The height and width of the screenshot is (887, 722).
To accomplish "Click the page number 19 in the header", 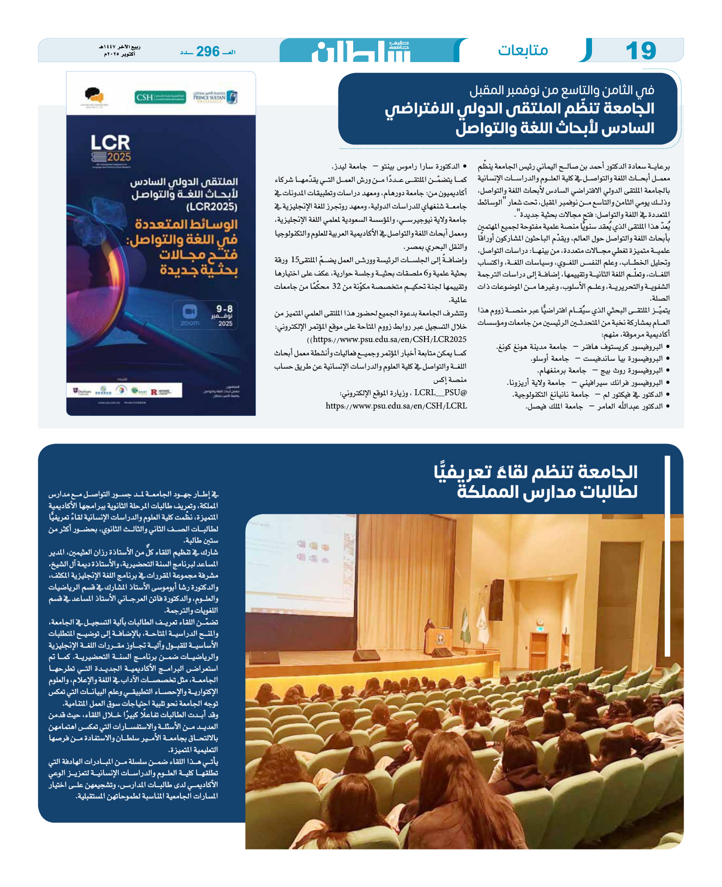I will pos(641,51).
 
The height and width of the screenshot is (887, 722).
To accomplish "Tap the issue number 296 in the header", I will pos(207,51).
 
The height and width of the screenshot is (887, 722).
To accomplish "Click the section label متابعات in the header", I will pos(523,50).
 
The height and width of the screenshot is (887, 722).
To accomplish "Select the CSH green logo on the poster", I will pos(161,97).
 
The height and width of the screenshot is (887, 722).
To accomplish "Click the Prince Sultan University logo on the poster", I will pos(215,97).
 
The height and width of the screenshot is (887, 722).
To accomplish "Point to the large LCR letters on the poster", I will pos(110,142).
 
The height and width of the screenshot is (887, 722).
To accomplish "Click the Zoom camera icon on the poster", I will pos(190,311).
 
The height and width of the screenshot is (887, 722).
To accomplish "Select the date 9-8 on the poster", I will pos(224,309).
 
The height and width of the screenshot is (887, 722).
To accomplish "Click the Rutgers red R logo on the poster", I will pos(154,392).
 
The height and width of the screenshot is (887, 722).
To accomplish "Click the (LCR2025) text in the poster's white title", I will pos(212,206).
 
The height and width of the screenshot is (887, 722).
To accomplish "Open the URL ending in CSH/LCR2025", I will pos(387,339).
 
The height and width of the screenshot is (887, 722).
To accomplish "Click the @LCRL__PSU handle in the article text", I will pos(440,392).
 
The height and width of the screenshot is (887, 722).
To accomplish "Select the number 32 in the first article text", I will pos(336,286).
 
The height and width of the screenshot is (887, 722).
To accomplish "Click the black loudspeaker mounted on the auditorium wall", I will pos(496,598).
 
